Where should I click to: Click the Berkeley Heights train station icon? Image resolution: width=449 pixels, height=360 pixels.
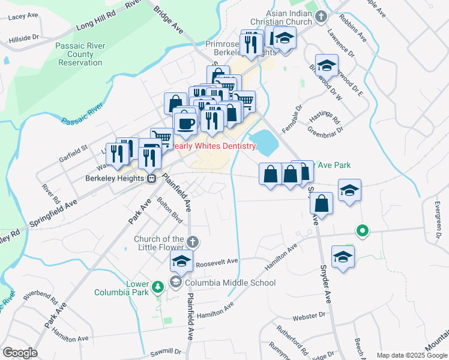152,178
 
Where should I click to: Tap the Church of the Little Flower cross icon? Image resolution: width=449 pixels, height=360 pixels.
192,242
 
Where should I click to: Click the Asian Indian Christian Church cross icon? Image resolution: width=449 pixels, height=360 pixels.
321,16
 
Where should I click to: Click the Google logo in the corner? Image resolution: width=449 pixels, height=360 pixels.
20,353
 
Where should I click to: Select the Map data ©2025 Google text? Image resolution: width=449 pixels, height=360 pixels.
411,355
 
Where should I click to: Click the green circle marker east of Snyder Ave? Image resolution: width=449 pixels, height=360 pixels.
362,230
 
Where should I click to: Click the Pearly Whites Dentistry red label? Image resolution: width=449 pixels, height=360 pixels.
214,146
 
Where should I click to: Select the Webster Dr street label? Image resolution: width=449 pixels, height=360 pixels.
309,314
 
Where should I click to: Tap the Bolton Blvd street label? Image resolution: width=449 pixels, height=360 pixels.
169,208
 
